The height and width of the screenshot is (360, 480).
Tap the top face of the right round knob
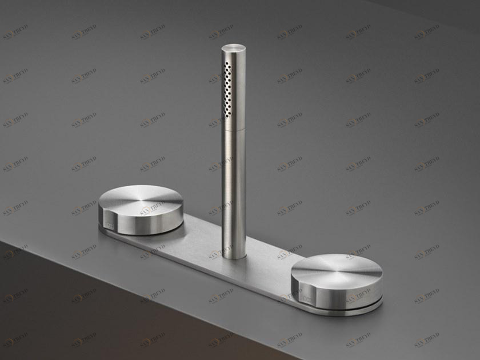[336, 269]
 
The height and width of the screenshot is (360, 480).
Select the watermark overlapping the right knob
[358, 297]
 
